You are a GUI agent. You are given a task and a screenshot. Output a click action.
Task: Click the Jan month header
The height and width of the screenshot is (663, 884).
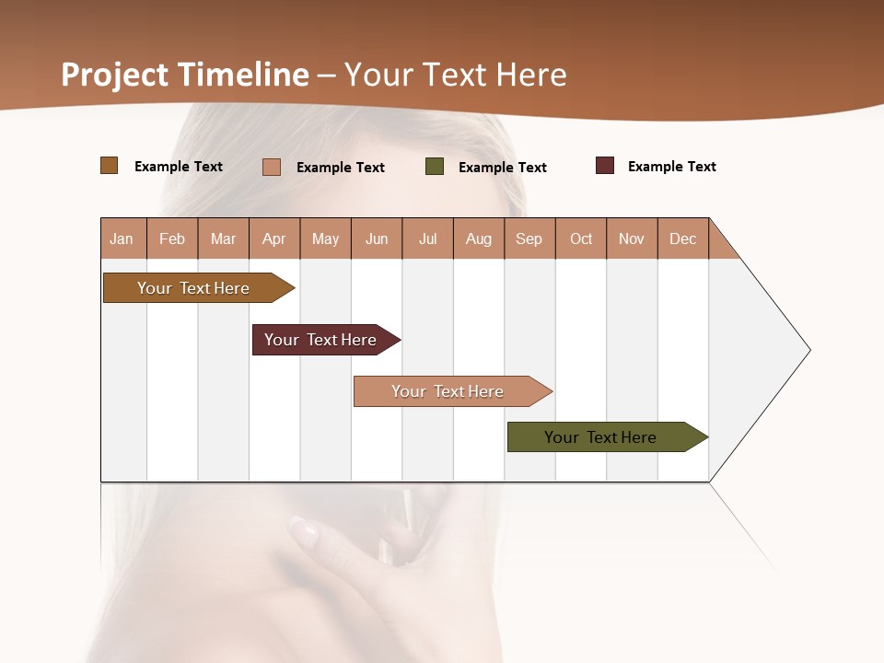[122, 238]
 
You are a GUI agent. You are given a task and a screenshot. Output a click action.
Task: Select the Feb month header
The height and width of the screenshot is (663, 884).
[172, 238]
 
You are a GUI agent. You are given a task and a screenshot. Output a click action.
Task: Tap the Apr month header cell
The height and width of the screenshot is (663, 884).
[274, 238]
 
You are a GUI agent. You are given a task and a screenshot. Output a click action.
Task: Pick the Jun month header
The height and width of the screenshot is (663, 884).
[377, 238]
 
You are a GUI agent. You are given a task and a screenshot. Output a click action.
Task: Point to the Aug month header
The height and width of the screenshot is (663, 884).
[479, 238]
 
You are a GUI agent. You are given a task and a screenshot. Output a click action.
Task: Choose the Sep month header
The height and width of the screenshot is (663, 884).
[529, 238]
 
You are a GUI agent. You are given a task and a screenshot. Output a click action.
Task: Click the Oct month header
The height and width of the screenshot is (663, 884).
[581, 238]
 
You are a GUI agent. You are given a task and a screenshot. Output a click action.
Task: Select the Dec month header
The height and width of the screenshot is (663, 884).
[683, 238]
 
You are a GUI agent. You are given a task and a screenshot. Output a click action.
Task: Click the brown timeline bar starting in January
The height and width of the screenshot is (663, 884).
[194, 288]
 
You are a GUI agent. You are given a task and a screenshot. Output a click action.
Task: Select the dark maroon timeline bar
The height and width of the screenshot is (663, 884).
[321, 340]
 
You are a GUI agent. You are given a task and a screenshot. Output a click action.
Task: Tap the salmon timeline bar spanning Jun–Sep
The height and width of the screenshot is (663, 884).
[448, 391]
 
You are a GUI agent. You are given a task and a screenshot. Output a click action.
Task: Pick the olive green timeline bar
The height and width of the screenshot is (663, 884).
[601, 437]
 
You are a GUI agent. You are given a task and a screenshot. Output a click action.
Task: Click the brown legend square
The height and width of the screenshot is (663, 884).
[110, 166]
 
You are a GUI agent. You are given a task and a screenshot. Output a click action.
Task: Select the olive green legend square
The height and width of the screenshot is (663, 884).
[435, 167]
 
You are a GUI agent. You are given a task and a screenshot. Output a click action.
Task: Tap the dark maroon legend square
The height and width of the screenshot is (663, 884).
[605, 166]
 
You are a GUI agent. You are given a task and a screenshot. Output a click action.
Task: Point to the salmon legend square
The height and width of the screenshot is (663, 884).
[272, 167]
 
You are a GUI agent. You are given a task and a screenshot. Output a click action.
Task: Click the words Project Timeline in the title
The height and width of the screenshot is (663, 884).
[185, 75]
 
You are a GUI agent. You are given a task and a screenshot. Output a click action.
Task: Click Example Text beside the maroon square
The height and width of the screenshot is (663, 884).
[671, 167]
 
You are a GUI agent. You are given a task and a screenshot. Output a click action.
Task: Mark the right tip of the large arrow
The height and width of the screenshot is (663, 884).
[808, 350]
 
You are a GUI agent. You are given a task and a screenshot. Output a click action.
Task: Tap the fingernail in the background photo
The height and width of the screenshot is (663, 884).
[304, 532]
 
